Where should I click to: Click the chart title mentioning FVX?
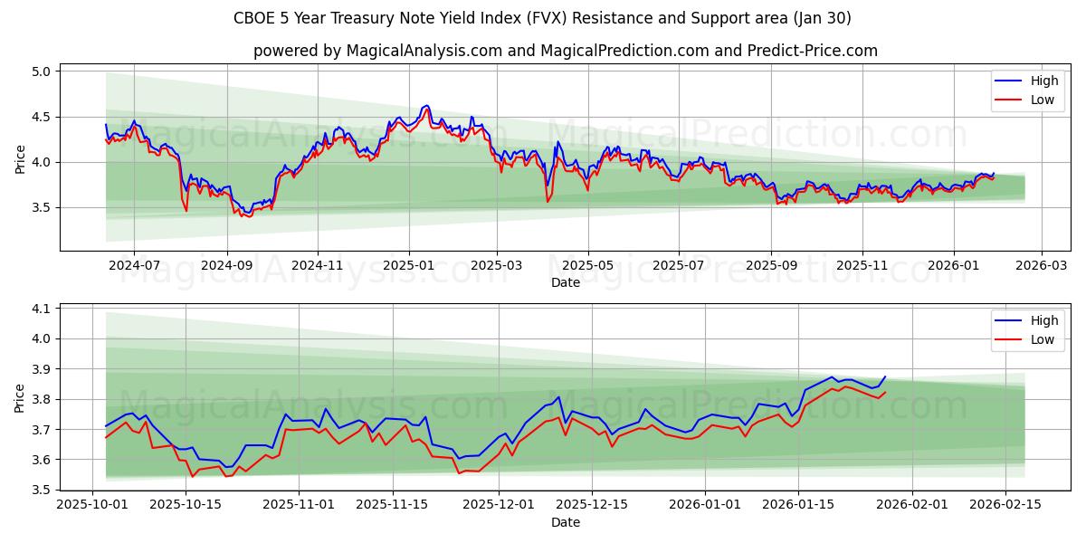(x=542, y=18)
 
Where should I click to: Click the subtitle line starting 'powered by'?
(x=565, y=51)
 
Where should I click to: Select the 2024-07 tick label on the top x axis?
(x=134, y=266)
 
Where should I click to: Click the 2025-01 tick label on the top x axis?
(x=408, y=266)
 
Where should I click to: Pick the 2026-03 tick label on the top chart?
(x=1041, y=266)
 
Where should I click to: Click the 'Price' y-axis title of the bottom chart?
(x=20, y=397)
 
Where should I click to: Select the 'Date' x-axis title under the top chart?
(x=565, y=282)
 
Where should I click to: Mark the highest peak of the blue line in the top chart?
(x=427, y=105)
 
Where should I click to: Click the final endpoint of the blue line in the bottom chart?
(x=885, y=376)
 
